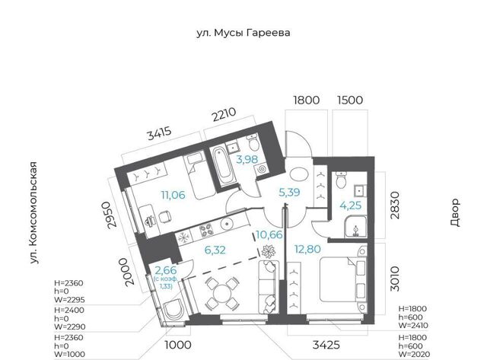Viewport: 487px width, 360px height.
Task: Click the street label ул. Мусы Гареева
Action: point(243,33)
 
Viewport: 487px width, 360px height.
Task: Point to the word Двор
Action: point(454,213)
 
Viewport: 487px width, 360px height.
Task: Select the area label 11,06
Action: point(173,195)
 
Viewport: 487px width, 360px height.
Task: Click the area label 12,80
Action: point(307,249)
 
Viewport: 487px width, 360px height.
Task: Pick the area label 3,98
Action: point(247,159)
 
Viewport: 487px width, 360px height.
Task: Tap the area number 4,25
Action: point(351,205)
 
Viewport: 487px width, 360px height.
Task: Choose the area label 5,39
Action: point(289,193)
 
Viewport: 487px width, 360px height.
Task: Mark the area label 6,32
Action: point(215,250)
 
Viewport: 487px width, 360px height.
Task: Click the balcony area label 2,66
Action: point(165,270)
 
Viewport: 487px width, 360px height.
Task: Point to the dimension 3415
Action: point(159,133)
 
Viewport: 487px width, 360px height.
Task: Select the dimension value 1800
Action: point(306,100)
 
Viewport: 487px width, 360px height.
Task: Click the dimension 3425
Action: point(326,345)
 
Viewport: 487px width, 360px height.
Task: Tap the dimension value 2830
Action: point(395,205)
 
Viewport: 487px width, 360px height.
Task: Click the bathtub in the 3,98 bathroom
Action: point(223,166)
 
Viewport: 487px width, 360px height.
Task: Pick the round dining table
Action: point(221,294)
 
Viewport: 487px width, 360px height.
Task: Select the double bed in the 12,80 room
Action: point(342,279)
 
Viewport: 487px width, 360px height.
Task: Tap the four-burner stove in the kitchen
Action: point(205,230)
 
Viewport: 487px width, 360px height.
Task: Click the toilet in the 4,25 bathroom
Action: point(342,180)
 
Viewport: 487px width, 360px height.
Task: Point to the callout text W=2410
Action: point(413,326)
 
